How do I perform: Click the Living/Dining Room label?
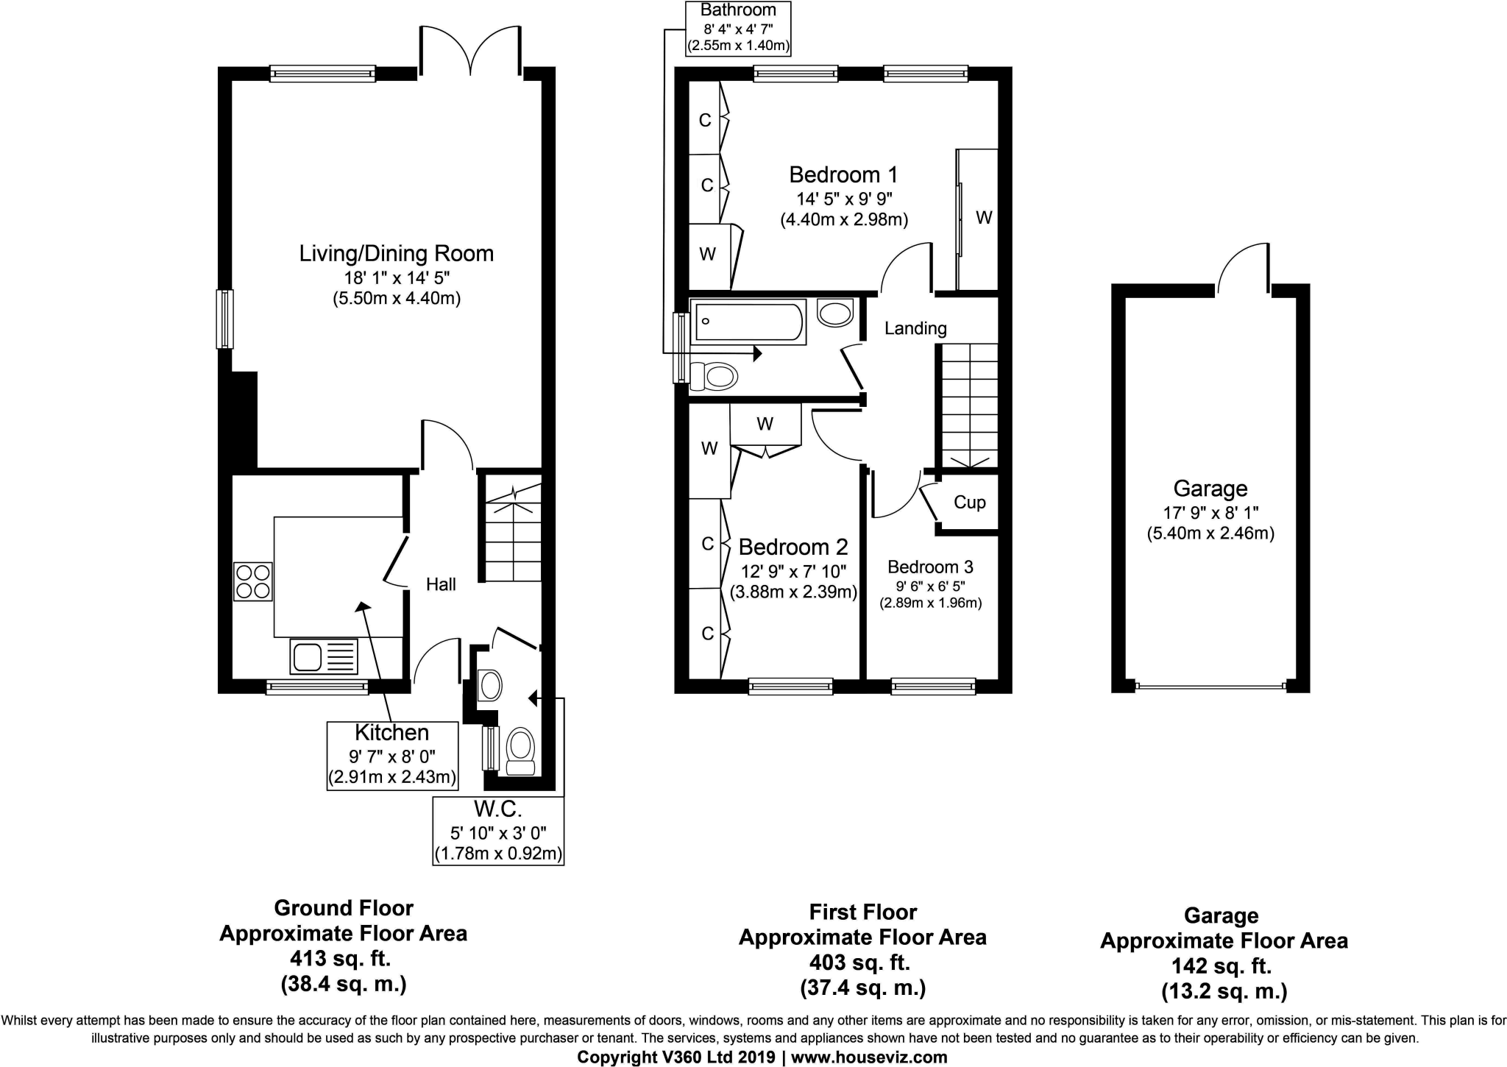396,254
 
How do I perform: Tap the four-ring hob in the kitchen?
253,581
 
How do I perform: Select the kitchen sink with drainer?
324,656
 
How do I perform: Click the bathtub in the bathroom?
748,322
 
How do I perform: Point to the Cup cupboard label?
969,503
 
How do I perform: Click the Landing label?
915,328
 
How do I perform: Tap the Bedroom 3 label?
930,567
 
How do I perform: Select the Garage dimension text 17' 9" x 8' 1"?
1210,513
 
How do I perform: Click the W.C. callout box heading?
498,809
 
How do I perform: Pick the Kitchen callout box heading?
391,733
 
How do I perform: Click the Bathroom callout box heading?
738,10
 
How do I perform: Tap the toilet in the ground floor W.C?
521,751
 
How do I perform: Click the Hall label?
441,584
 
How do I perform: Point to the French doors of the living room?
470,52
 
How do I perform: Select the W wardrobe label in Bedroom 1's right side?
984,218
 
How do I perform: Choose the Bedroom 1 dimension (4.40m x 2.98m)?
844,219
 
